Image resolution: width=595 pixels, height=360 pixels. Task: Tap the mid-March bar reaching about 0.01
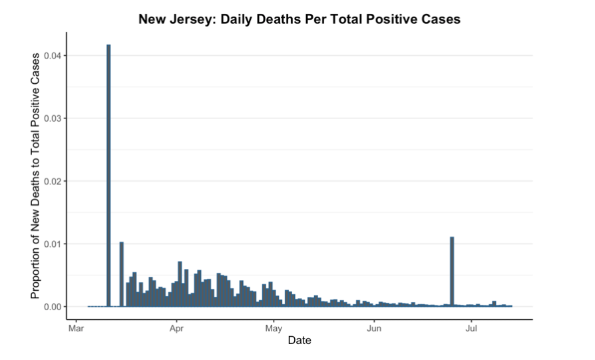pyautogui.click(x=121, y=273)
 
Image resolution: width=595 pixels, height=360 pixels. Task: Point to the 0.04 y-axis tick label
pyautogui.click(x=53, y=56)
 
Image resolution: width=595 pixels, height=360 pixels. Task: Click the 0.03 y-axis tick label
pyautogui.click(x=53, y=118)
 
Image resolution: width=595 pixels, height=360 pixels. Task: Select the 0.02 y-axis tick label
pyautogui.click(x=53, y=181)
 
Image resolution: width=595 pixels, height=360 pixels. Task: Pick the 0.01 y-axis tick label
pyautogui.click(x=53, y=244)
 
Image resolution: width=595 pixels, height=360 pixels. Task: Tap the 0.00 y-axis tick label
pyautogui.click(x=53, y=307)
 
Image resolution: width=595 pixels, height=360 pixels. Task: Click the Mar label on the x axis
pyautogui.click(x=76, y=328)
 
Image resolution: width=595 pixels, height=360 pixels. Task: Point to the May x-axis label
pyautogui.click(x=274, y=328)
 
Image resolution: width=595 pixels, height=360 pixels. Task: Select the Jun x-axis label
pyautogui.click(x=374, y=328)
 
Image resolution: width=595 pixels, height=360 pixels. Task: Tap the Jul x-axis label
pyautogui.click(x=471, y=328)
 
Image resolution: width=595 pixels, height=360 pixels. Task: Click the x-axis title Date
pyautogui.click(x=299, y=341)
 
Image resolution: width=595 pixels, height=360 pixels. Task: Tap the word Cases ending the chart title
pyautogui.click(x=441, y=19)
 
